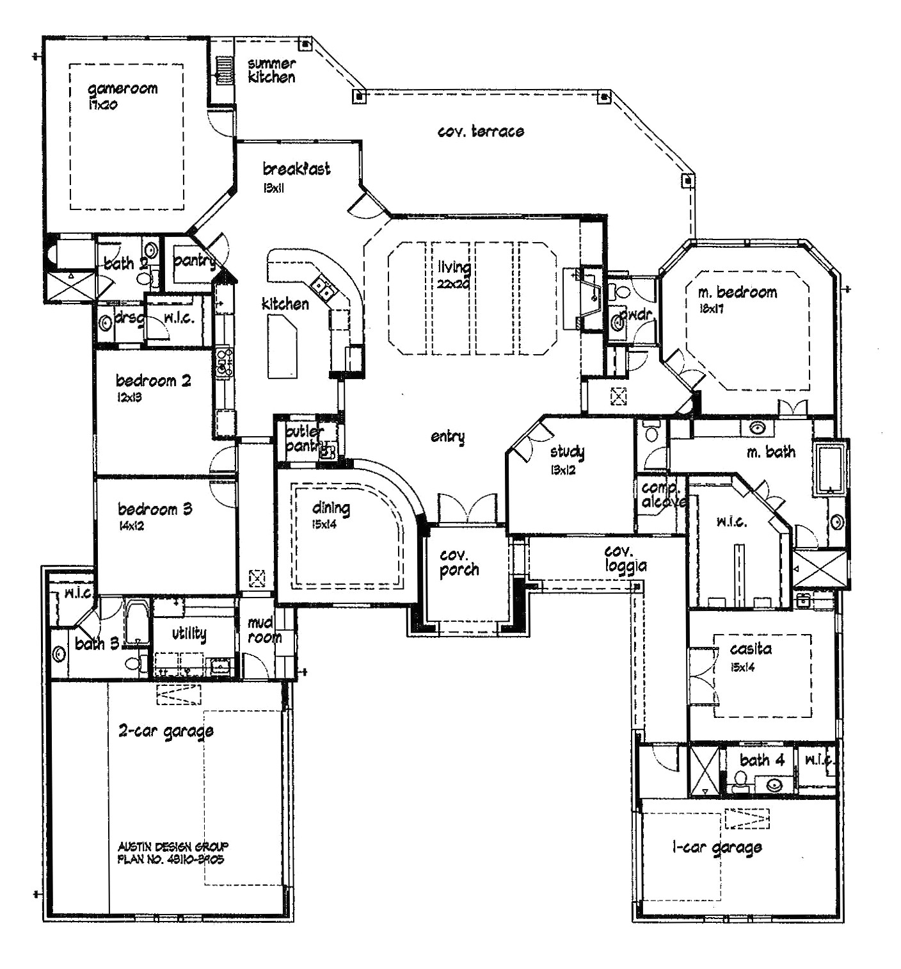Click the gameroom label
point(122,89)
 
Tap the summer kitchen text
point(271,70)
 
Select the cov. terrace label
point(481,131)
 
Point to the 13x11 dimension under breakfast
point(273,188)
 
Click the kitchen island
point(282,349)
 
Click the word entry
point(447,437)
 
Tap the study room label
point(567,452)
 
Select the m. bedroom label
point(737,293)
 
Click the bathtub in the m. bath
point(830,468)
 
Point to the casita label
point(751,649)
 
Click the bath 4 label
point(761,760)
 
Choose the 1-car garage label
point(717,848)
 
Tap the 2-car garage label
point(166,731)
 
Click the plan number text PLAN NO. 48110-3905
point(171,859)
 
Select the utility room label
point(189,633)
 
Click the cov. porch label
point(459,562)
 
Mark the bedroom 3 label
point(155,510)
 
